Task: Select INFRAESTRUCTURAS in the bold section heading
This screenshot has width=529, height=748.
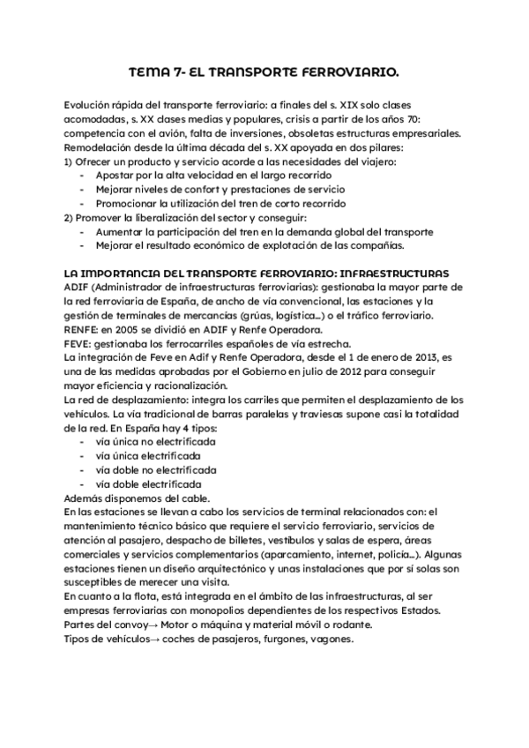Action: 388,273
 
